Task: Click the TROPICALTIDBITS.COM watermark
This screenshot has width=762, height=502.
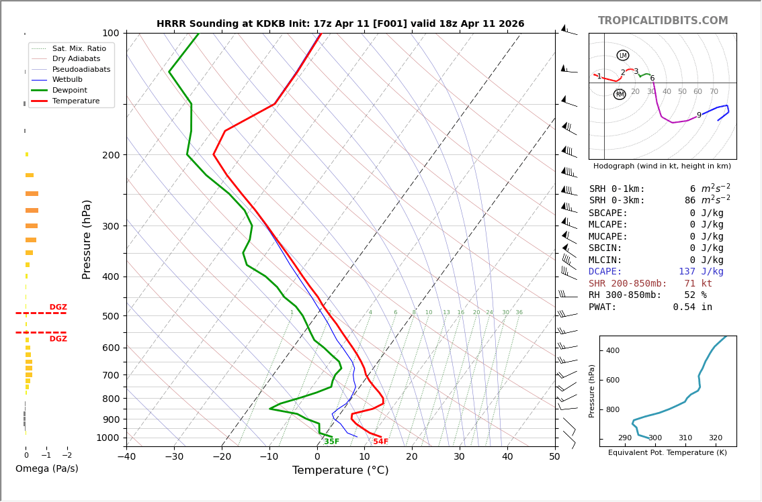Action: tap(663, 21)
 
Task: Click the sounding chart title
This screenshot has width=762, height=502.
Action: tap(340, 24)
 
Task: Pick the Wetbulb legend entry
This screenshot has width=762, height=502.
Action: tap(67, 79)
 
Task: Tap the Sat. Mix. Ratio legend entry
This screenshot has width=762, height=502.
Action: tap(79, 48)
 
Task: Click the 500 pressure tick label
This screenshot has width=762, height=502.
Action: tap(111, 316)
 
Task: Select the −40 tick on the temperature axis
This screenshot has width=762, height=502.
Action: tap(126, 457)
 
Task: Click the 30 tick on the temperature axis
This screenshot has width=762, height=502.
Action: tap(459, 457)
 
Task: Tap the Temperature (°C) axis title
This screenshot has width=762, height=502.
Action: tap(340, 470)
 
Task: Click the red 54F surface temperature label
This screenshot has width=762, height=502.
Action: tap(381, 442)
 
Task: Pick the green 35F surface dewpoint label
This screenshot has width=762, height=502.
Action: tap(331, 442)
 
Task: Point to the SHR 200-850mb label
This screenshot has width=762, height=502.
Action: tap(628, 284)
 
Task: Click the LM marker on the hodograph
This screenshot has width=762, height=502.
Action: tap(623, 56)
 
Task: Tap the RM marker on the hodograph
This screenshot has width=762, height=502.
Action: tap(620, 95)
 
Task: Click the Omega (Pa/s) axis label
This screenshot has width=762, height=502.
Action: tap(47, 469)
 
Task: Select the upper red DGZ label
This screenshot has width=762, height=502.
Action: tap(58, 307)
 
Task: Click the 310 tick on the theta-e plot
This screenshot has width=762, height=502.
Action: tap(685, 438)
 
